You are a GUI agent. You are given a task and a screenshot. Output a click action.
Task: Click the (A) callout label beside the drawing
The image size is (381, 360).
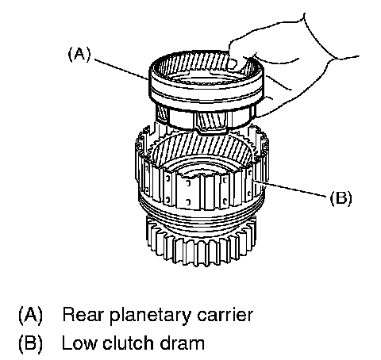79,55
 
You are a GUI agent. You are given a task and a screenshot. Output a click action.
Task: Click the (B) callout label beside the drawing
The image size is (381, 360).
341,197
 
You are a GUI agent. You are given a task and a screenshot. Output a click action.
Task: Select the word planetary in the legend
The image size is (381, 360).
150,316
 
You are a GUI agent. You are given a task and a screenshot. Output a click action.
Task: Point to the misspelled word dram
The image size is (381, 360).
183,343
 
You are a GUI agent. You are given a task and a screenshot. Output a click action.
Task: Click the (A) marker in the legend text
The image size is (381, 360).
30,315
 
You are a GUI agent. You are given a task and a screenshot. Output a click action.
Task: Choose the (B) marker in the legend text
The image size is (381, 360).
30,343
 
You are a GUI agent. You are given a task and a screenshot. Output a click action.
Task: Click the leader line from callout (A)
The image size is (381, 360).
121,70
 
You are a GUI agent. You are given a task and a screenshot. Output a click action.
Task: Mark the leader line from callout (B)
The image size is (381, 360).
289,188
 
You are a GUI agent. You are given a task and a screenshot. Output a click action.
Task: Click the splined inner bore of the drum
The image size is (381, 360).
199,148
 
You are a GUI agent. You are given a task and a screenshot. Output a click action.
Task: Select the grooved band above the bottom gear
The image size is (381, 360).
201,213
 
